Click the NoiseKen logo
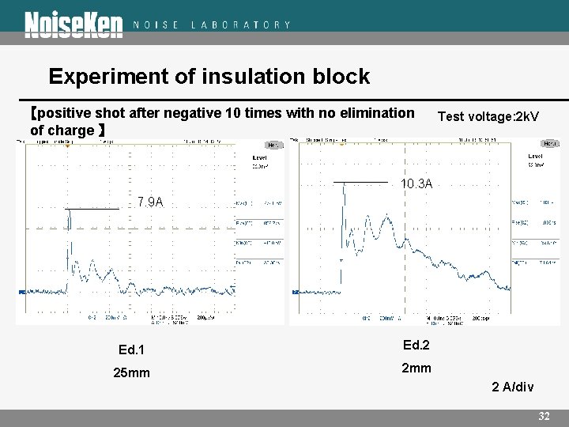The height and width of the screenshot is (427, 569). (x=73, y=25)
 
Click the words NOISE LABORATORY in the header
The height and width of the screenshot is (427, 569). (x=212, y=25)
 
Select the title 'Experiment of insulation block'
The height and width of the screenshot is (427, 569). (x=209, y=77)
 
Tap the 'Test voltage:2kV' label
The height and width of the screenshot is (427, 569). (x=488, y=117)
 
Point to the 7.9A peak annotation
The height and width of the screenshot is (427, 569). (x=150, y=202)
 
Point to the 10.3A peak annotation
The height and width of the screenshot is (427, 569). (x=416, y=184)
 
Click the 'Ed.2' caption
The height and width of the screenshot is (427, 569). (x=416, y=345)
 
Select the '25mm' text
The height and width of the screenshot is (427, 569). (x=131, y=373)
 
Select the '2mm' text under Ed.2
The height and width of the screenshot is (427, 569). (x=416, y=368)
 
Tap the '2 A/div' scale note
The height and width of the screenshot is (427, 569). (x=512, y=387)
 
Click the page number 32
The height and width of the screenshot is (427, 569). (x=544, y=416)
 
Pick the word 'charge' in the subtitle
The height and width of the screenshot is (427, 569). (x=73, y=130)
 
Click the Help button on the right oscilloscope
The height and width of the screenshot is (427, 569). (x=549, y=144)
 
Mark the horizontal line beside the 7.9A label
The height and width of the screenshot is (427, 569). (x=92, y=208)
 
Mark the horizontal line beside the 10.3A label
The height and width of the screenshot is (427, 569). (x=360, y=183)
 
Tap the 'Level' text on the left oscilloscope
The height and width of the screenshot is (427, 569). (x=259, y=158)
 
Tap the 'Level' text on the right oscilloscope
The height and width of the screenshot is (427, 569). (x=535, y=157)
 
